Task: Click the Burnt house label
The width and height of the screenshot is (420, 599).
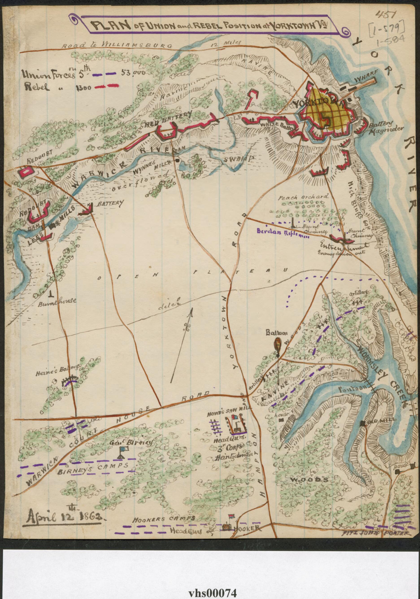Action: [x=57, y=301]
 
